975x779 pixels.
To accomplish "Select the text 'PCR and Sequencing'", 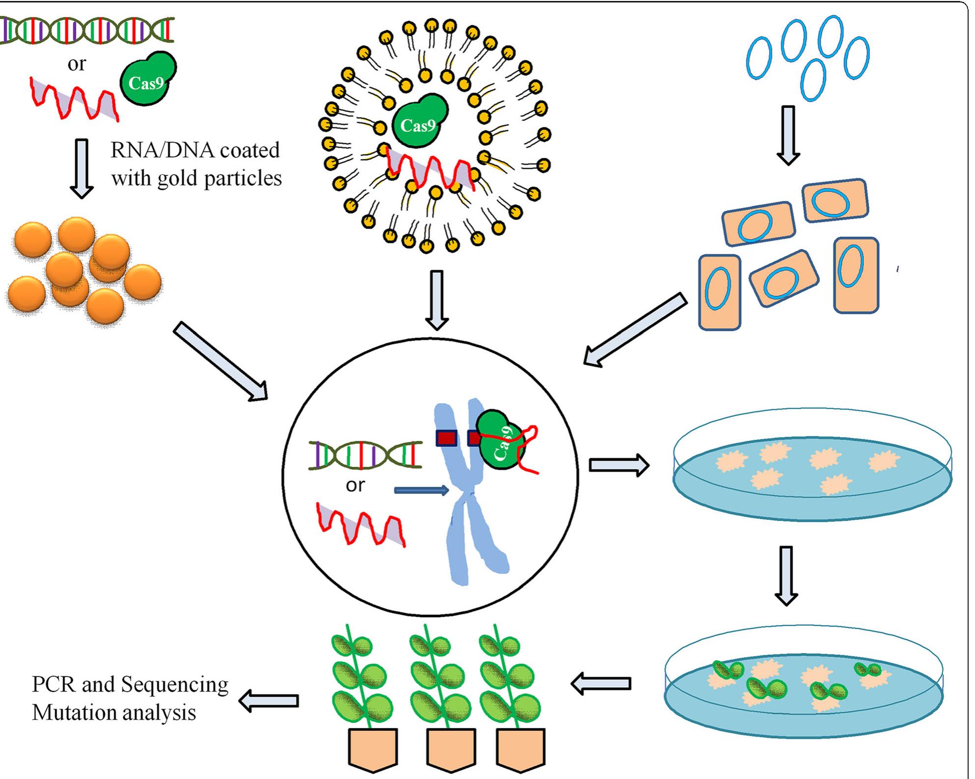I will coord(130,684).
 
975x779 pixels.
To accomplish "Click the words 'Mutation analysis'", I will coord(114,712).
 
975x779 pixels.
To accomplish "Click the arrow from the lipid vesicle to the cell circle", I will coord(436,300).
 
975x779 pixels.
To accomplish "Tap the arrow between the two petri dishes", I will coord(786,575).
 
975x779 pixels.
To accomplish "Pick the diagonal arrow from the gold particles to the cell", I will coord(221,361).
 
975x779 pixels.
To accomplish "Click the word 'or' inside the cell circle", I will coord(355,486).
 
